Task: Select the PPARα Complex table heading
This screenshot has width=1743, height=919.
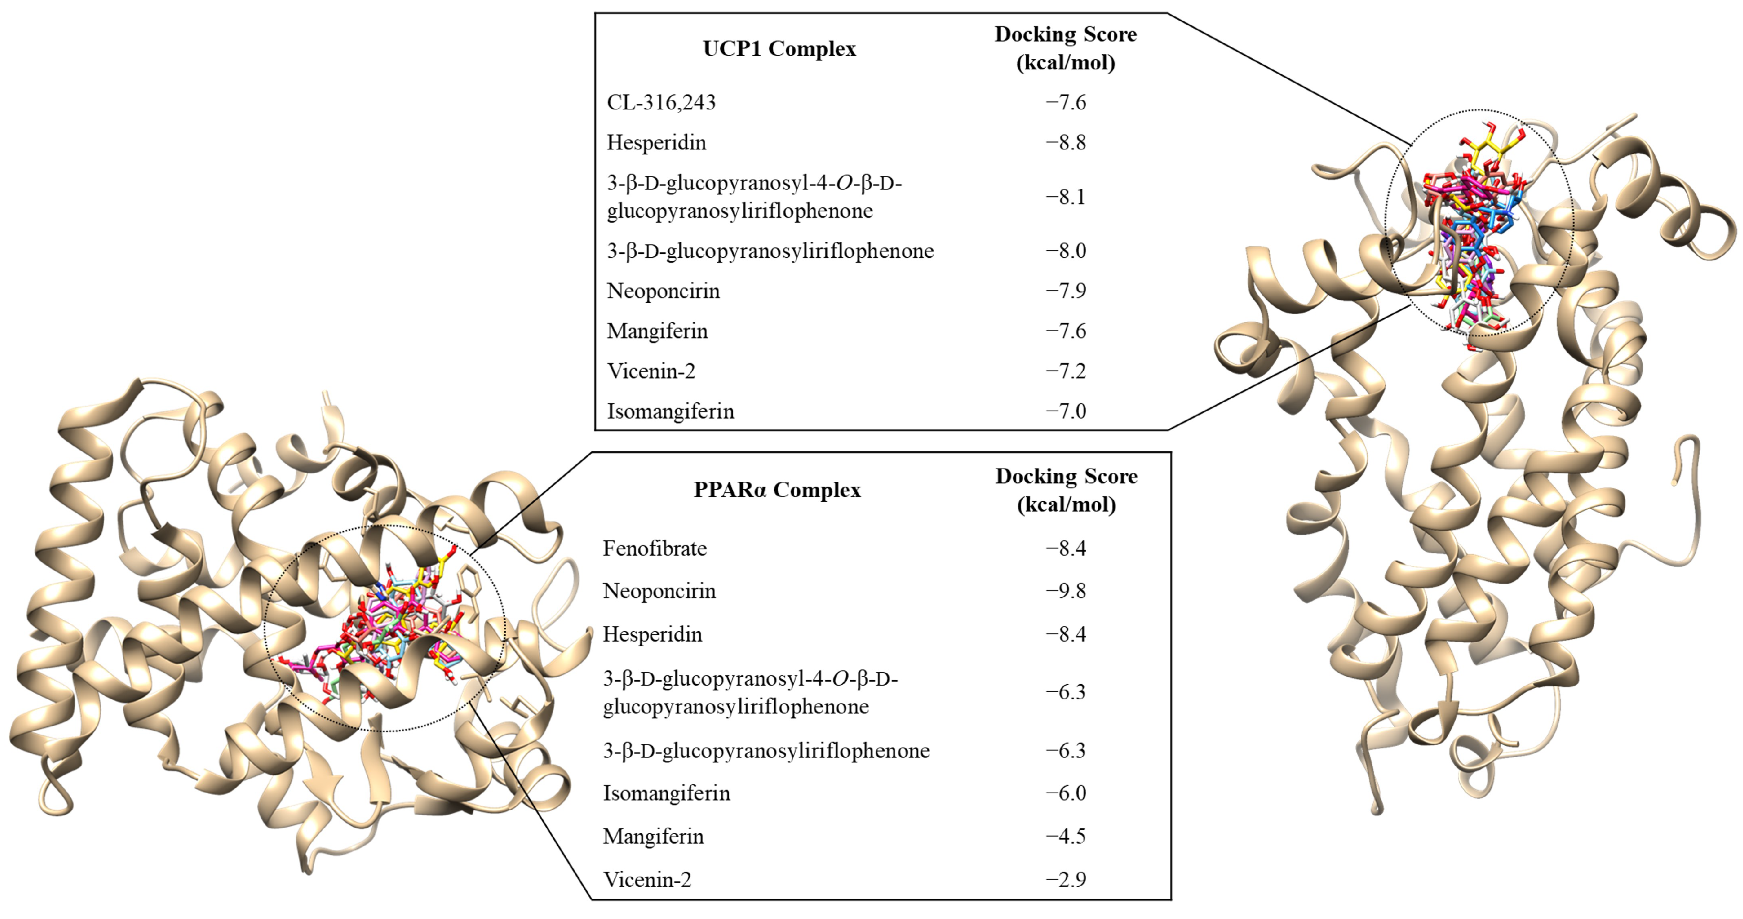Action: coord(777,490)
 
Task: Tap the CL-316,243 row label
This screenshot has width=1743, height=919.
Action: coord(661,102)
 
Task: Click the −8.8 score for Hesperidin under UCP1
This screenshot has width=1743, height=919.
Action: coord(1066,143)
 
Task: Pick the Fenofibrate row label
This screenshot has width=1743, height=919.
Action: coord(655,548)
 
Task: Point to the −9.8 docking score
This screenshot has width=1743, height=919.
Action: coord(1066,591)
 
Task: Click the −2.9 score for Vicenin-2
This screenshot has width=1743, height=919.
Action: coord(1066,880)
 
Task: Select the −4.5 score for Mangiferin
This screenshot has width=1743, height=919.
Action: coord(1066,836)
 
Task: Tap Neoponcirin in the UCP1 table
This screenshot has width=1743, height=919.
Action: coord(663,291)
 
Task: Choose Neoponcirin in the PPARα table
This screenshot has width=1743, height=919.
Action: coord(659,591)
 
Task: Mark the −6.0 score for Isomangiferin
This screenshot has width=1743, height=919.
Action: coord(1066,793)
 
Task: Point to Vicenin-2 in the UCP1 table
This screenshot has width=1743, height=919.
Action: coord(651,371)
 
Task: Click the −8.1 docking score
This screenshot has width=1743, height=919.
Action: coord(1066,197)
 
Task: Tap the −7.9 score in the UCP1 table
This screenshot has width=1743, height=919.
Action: coord(1066,291)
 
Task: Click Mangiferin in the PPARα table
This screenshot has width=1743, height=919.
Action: coord(653,836)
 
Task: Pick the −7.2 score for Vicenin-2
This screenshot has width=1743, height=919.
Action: coord(1066,371)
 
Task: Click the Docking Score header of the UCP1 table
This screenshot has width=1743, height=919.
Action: coord(1066,48)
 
